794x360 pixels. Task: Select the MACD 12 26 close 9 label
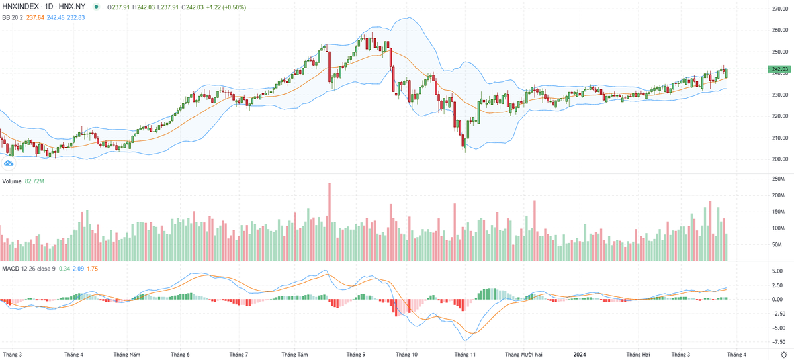[x=28, y=269]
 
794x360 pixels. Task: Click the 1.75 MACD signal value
[x=93, y=269]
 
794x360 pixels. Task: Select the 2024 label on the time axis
[x=581, y=355]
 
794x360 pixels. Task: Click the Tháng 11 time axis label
[x=465, y=355]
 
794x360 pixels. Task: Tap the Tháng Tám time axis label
[x=294, y=355]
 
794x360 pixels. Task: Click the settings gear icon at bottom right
[x=785, y=355]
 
